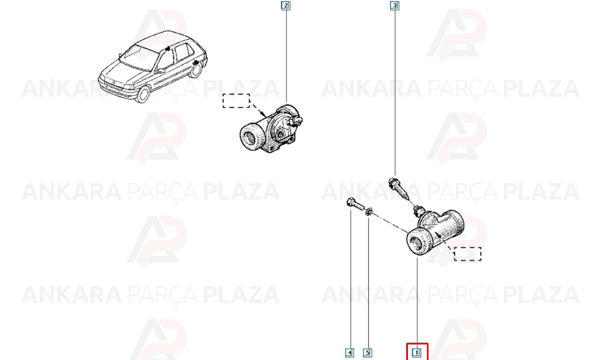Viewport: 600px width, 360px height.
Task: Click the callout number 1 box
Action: (416, 352)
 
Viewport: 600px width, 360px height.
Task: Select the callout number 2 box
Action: (286, 6)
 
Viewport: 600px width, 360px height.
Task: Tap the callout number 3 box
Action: (394, 6)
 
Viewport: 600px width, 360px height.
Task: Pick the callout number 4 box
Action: (349, 352)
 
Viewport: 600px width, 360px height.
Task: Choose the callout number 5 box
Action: (367, 352)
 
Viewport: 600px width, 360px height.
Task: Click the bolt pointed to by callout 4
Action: (355, 204)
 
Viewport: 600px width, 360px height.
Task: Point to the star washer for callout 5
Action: (369, 212)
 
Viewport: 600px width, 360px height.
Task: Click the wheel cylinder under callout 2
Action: (271, 128)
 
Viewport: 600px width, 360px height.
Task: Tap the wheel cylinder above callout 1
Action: (435, 232)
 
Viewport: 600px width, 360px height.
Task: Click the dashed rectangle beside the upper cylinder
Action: (236, 101)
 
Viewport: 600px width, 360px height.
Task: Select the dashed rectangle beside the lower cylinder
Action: (467, 254)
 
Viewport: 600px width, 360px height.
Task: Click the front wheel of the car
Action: (143, 94)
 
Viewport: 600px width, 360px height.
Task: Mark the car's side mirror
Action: (161, 70)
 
